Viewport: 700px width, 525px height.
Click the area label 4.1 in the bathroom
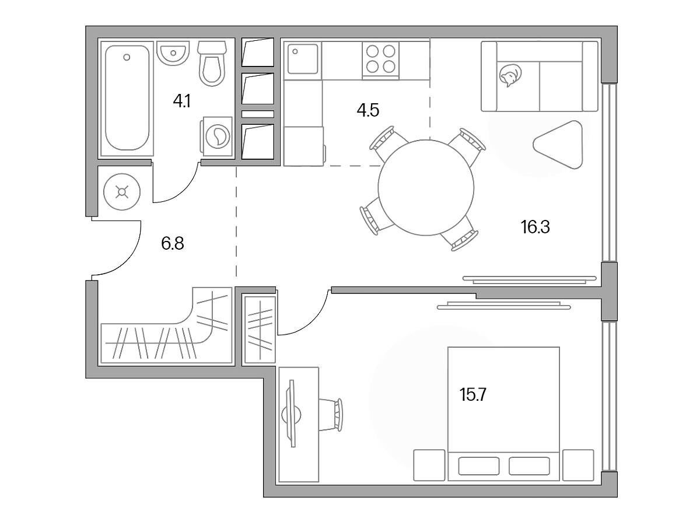(182, 101)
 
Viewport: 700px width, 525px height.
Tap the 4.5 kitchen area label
(367, 111)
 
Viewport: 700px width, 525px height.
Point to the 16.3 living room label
(535, 228)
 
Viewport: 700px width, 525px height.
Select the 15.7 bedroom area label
(473, 395)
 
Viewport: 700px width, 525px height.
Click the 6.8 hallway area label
(173, 244)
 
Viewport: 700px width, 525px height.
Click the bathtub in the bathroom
(127, 98)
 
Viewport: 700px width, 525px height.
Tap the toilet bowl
(212, 63)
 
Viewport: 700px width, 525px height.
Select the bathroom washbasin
(173, 53)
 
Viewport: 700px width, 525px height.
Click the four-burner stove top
(380, 60)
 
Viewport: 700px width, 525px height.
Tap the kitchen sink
(302, 59)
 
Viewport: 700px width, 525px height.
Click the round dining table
(426, 187)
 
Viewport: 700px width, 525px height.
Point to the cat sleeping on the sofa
(510, 76)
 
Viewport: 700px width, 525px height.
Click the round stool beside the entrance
(122, 192)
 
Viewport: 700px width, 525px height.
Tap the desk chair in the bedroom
(331, 415)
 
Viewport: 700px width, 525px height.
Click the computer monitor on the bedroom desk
(292, 414)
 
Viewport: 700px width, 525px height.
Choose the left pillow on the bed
(479, 466)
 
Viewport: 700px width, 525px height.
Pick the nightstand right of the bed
(578, 465)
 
